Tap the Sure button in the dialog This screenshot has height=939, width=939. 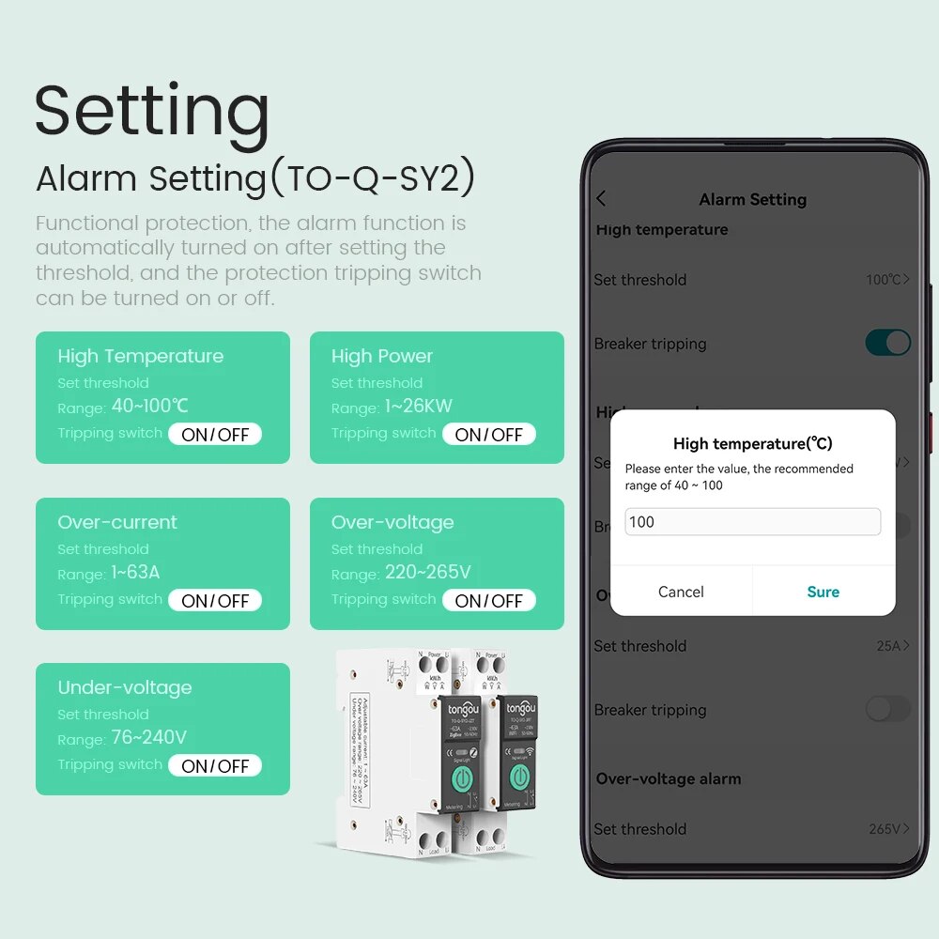pos(823,592)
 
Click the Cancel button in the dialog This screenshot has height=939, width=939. pos(681,592)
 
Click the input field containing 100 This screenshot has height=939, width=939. pos(752,522)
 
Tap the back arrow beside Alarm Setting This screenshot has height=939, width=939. pos(601,199)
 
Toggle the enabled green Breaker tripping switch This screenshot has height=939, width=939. pos(887,343)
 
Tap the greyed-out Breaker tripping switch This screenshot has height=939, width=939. pos(887,709)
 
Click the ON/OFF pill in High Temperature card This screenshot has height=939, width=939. pos(215,435)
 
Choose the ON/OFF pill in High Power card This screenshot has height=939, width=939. pos(488,435)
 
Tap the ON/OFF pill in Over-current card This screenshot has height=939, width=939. pos(215,601)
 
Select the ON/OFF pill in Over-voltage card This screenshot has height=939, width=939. pos(488,601)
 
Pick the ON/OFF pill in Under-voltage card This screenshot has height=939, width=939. pos(215,766)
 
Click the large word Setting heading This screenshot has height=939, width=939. pos(152,111)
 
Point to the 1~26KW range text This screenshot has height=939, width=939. pos(418,407)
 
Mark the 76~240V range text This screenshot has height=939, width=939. pos(149,738)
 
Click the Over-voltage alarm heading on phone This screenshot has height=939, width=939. pos(668,778)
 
